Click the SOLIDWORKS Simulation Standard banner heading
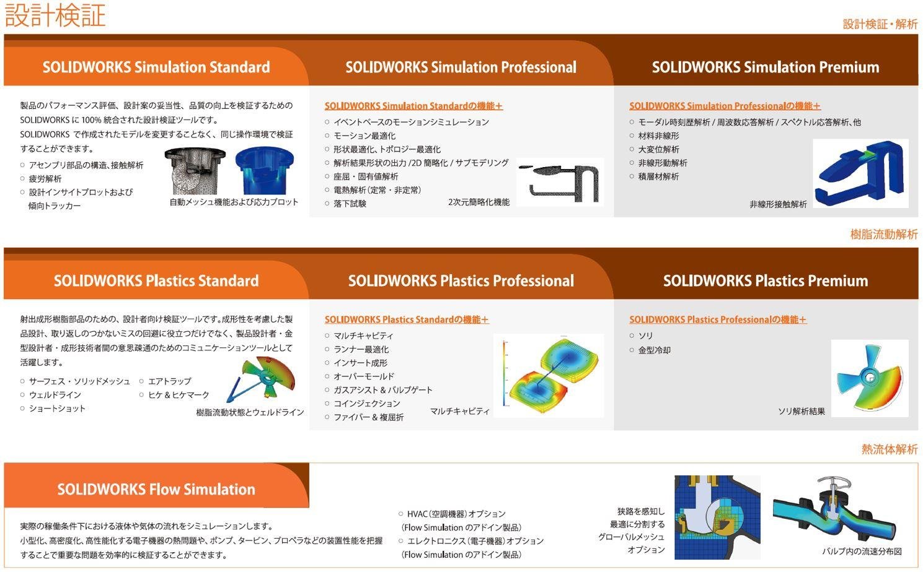tap(156, 67)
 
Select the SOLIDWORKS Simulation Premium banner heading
tap(766, 67)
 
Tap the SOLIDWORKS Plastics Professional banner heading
tap(461, 280)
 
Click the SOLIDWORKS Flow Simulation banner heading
tap(156, 489)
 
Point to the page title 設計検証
tap(55, 15)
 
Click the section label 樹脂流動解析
tap(884, 235)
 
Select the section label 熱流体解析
tap(889, 449)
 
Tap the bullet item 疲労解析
tap(45, 179)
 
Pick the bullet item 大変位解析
tap(658, 149)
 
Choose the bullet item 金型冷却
tap(655, 350)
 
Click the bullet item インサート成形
tap(361, 363)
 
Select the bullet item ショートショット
tap(57, 409)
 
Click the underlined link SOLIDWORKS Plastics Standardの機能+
tap(407, 320)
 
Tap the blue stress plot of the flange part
tap(265, 171)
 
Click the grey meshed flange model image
tap(195, 171)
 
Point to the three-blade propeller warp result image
tap(870, 378)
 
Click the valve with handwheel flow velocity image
tap(834, 513)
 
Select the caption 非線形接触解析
tap(778, 204)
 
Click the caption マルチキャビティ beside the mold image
tap(460, 411)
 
